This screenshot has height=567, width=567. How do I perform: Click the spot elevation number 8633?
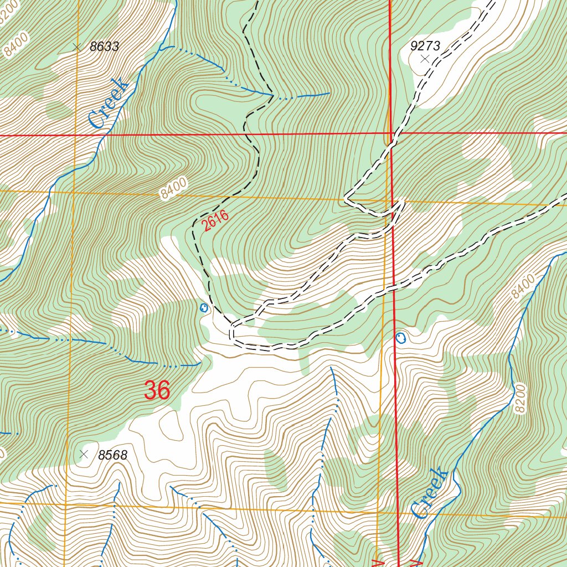click(x=104, y=47)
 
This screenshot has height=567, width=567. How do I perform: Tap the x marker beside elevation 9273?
click(x=425, y=58)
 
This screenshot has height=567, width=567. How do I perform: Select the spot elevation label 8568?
click(x=113, y=456)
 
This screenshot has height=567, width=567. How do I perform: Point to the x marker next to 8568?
click(x=84, y=454)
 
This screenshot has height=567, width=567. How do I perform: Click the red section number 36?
click(x=157, y=390)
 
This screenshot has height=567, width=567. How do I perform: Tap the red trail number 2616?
click(x=215, y=221)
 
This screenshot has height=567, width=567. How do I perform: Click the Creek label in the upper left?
click(x=109, y=104)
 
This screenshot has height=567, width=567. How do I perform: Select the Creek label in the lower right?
click(x=430, y=493)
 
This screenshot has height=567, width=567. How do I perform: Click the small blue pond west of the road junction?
click(x=204, y=307)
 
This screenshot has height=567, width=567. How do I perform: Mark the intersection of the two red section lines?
click(x=391, y=133)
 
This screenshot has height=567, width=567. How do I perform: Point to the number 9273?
click(x=425, y=46)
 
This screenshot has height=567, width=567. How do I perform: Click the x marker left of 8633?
click(x=77, y=48)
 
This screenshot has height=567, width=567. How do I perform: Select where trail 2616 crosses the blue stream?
click(x=272, y=95)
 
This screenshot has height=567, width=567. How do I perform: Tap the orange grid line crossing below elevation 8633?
click(x=73, y=192)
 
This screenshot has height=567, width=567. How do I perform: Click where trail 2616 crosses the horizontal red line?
click(x=245, y=134)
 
